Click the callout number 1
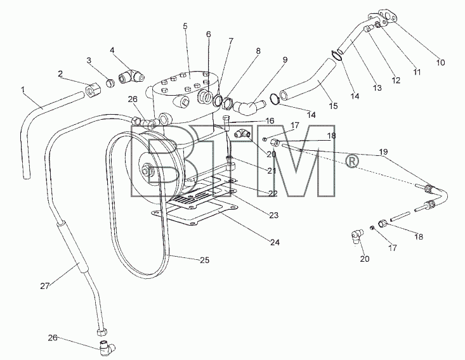pos(23,89)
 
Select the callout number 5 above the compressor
pos(185,26)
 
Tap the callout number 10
pos(441,63)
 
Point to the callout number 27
pos(45,286)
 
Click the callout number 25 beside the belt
pos(205,260)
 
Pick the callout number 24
pos(275,242)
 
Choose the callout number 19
pos(383,152)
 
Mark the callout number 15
pos(334,106)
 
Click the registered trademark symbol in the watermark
pos(352,162)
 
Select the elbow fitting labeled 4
pos(131,75)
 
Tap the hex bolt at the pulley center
pos(146,170)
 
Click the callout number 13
pos(377,88)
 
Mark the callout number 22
pos(273,193)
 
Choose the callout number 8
pos(258,51)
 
